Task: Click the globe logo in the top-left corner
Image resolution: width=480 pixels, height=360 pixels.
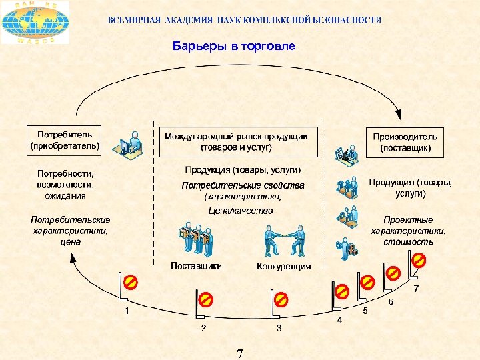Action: click(35, 23)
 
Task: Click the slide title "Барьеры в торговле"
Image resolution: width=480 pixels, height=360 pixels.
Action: click(233, 47)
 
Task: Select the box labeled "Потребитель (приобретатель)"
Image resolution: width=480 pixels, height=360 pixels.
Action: click(65, 139)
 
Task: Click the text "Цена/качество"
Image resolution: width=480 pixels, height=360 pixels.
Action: click(241, 211)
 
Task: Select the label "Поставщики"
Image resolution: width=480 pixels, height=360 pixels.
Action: click(196, 265)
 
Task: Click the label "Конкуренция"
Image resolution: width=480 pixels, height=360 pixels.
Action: click(283, 267)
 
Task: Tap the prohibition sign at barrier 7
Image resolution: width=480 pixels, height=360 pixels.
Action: click(419, 260)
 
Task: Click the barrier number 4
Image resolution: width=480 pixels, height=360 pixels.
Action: click(339, 320)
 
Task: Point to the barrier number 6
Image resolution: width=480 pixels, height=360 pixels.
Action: click(391, 302)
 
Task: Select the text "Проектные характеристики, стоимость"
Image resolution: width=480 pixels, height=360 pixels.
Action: click(408, 230)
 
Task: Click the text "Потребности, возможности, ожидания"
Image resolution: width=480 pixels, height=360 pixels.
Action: click(65, 184)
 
